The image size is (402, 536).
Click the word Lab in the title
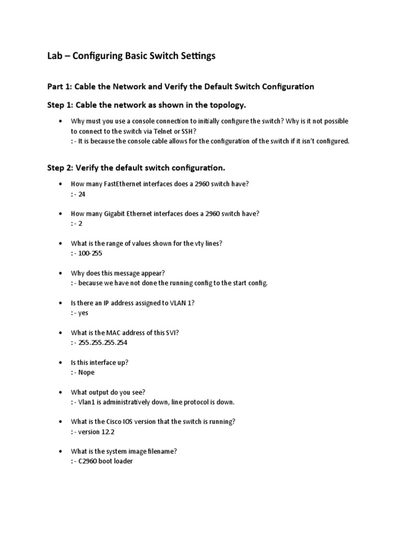click(x=55, y=56)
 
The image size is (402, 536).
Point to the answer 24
click(x=81, y=194)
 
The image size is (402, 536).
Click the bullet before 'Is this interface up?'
click(x=61, y=363)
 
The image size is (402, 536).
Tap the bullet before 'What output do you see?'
click(x=61, y=393)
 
